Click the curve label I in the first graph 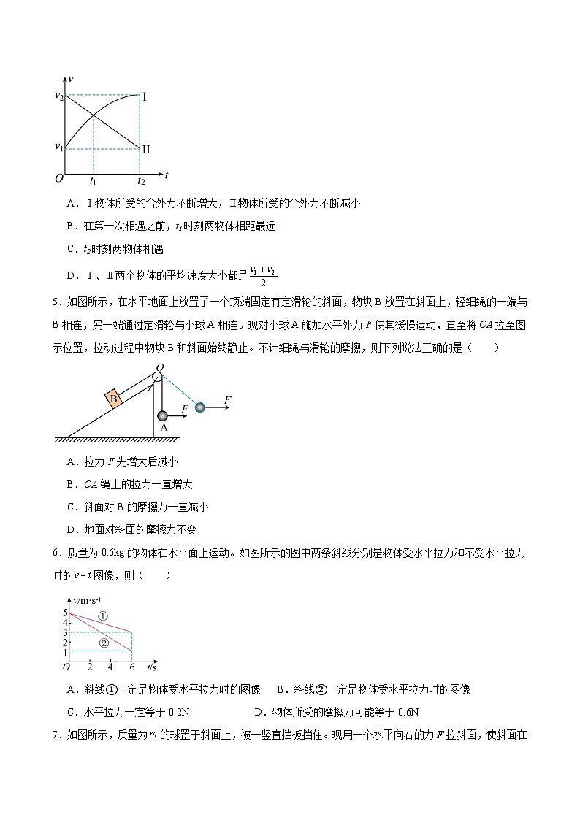[x=145, y=96]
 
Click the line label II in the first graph [x=146, y=149]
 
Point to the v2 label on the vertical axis [x=59, y=95]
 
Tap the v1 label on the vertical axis [x=59, y=147]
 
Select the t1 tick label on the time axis [x=94, y=180]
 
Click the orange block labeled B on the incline [x=113, y=399]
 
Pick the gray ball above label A [x=163, y=415]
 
